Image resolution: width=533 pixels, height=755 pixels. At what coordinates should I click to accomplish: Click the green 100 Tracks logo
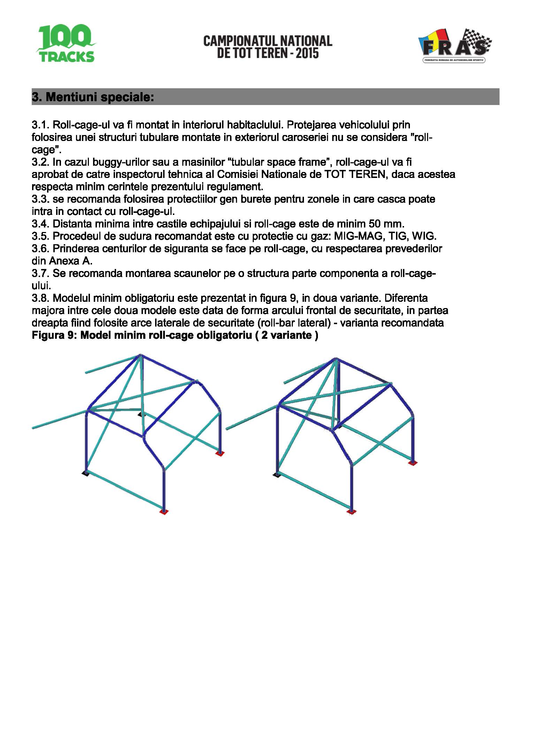(66, 43)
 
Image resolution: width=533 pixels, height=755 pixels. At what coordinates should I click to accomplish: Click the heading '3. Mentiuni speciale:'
(93, 97)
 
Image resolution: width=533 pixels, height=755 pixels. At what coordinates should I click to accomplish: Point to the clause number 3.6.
(40, 248)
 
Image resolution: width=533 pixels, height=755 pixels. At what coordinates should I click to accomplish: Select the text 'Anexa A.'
(71, 261)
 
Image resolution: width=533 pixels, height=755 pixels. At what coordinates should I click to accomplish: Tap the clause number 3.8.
(40, 298)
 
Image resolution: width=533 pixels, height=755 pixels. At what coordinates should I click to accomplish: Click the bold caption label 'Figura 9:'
(54, 335)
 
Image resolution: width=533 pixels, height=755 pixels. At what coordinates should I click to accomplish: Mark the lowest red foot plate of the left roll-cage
(164, 512)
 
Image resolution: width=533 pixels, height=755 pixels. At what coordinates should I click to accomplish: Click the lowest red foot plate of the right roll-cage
(351, 512)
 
